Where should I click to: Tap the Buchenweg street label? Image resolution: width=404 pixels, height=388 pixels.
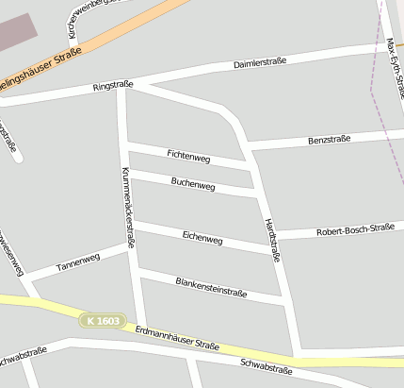(x=193, y=182)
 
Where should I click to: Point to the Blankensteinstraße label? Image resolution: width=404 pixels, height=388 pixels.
(x=211, y=287)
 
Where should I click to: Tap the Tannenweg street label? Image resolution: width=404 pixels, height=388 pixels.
(x=77, y=262)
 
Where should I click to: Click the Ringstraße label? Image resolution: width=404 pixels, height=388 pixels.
(x=113, y=86)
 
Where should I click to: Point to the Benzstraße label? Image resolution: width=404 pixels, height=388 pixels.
(x=329, y=140)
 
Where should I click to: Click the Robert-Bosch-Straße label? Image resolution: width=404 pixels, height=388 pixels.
(x=355, y=229)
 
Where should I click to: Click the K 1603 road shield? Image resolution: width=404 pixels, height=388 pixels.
(x=102, y=321)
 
